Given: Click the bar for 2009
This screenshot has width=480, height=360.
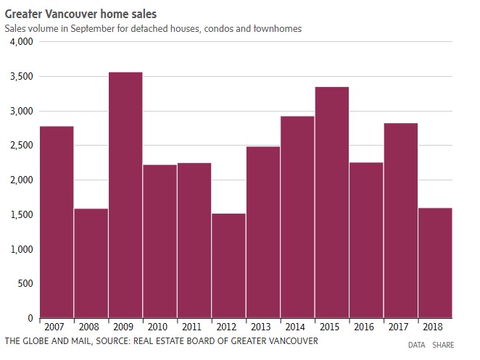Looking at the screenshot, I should click(125, 195).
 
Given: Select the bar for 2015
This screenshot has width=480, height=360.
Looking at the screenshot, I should click(332, 202).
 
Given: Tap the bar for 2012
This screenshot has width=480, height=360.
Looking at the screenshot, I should click(228, 265).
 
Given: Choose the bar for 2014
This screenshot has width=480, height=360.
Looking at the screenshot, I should click(297, 217).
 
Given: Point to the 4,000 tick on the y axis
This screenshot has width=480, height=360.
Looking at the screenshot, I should click(22, 42).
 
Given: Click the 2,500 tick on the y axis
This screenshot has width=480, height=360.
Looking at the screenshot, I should click(22, 146).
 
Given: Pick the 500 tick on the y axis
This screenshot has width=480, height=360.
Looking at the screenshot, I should click(25, 284).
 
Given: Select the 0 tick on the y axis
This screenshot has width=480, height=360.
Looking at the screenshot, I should click(30, 318).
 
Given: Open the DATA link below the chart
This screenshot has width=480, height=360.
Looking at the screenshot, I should click(416, 346).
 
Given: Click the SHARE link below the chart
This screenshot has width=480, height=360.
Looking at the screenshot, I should click(443, 346).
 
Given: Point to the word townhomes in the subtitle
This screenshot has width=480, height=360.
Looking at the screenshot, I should click(276, 28).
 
